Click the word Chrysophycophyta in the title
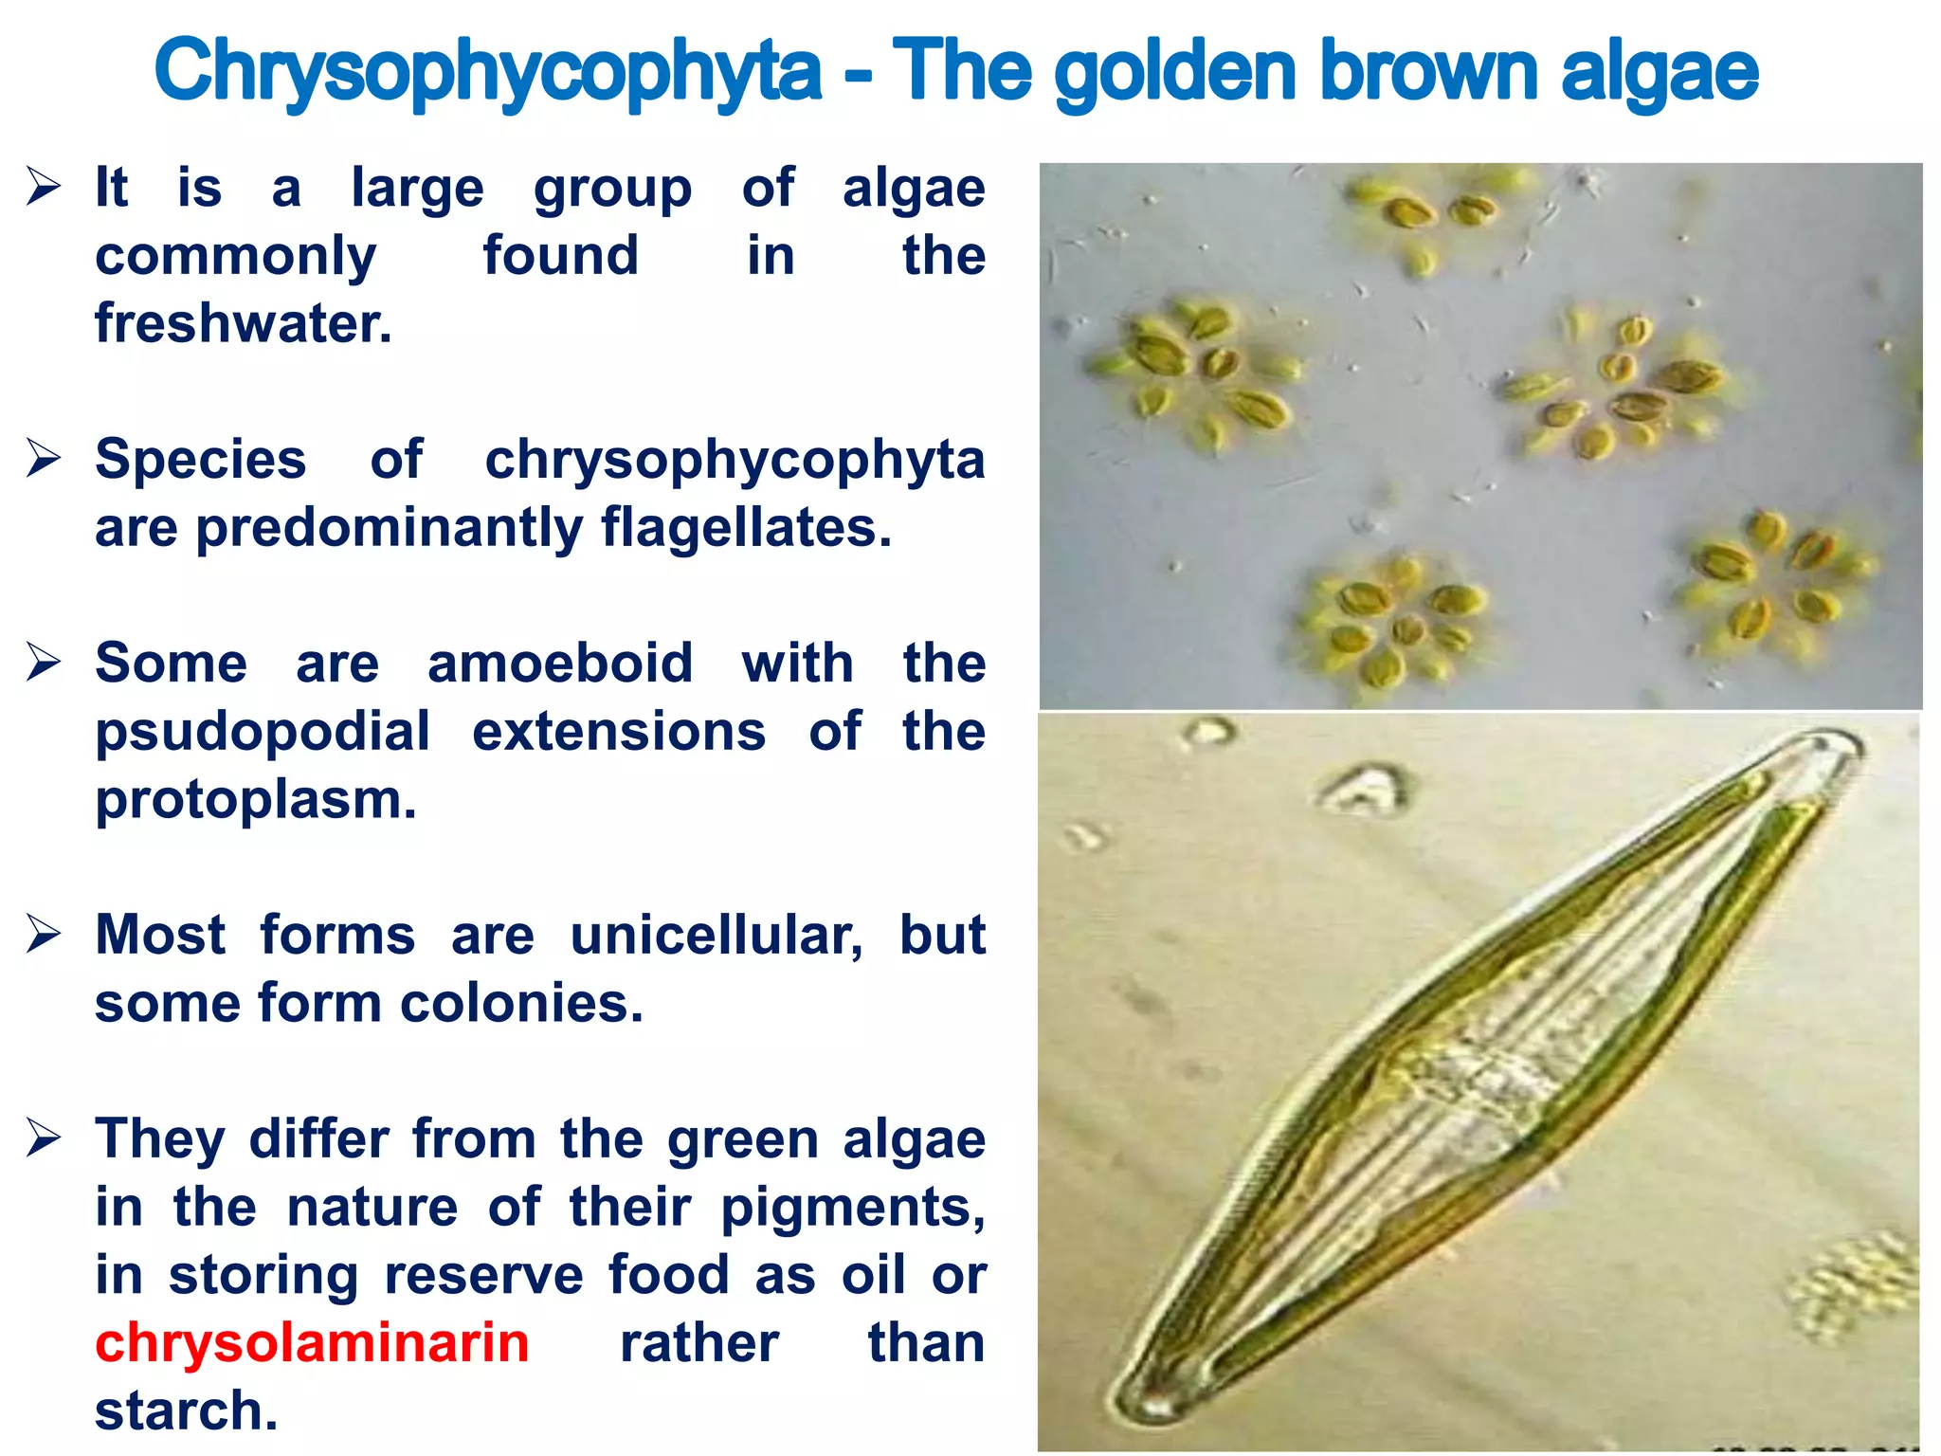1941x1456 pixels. (487, 72)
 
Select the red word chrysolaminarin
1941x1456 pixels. (312, 1342)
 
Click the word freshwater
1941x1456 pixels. (243, 323)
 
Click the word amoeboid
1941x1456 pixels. (560, 663)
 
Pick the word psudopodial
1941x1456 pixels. (263, 733)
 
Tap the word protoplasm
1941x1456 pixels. (256, 800)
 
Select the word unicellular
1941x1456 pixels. (717, 936)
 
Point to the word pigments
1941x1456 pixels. (852, 1208)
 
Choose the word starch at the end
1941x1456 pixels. (186, 1410)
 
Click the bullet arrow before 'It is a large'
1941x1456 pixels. (44, 186)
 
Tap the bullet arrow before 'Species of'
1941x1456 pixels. (44, 458)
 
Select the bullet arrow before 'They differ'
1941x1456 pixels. (44, 1137)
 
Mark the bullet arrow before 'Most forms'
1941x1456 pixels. (44, 934)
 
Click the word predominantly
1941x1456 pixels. (389, 528)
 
